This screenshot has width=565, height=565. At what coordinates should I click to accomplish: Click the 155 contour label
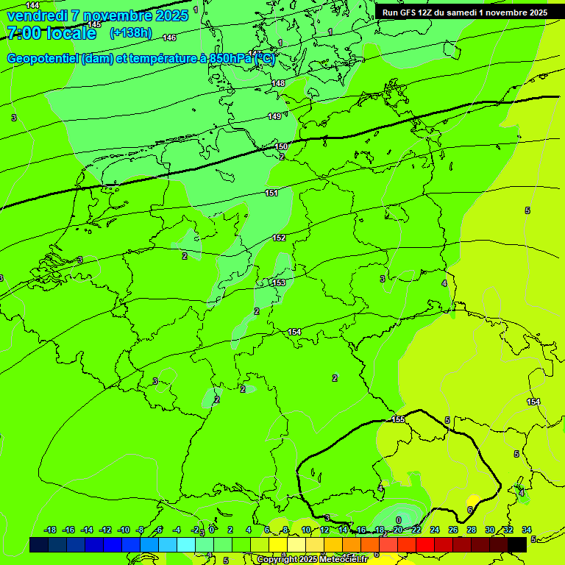pos(398,419)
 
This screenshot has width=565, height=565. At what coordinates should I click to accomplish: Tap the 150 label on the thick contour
pos(281,146)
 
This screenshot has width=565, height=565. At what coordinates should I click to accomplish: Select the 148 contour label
pos(278,83)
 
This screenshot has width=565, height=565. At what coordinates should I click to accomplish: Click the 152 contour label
pos(279,238)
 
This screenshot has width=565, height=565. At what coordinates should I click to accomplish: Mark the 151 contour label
pos(271,193)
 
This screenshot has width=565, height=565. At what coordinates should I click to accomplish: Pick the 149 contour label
pos(274,116)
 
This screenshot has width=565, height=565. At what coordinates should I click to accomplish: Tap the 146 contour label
pos(169,38)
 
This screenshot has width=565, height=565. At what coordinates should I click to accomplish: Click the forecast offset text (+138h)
pos(130,32)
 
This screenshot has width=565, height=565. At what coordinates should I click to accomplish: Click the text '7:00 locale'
pos(51,33)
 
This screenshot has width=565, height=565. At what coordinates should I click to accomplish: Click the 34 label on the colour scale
pos(526,530)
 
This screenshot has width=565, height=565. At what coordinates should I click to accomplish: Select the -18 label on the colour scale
pos(51,530)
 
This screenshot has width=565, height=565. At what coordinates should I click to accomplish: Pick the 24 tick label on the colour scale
pos(435,530)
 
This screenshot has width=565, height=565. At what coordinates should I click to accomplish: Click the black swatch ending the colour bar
pos(517,544)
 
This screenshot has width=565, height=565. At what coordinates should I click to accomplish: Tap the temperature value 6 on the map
pos(469,510)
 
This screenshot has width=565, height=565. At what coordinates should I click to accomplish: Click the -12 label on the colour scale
pos(105,530)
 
